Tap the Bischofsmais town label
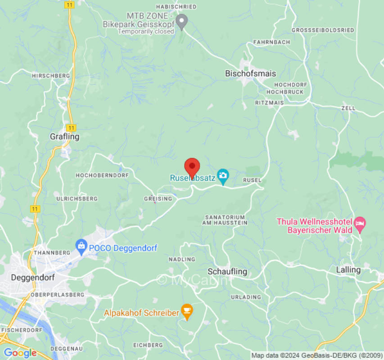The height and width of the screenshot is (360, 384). tap(250, 73)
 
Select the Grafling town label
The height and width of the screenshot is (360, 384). tap(64, 136)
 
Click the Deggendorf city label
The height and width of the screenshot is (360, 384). tap(33, 277)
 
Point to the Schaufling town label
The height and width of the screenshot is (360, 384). tap(227, 271)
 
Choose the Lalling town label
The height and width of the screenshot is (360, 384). tap(348, 270)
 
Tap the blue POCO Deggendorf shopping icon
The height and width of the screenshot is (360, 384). tap(81, 245)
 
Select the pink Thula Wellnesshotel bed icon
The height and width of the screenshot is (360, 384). tap(360, 223)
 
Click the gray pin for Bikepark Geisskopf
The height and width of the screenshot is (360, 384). tap(181, 21)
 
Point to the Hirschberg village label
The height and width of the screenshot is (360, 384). tap(51, 76)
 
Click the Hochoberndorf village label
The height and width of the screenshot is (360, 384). tap(102, 175)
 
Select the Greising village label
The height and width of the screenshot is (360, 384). tap(158, 198)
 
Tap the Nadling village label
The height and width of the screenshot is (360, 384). tap(182, 259)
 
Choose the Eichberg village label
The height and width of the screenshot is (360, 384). tap(148, 345)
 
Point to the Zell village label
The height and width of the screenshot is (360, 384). tap(348, 108)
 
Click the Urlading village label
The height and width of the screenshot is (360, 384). tap(246, 297)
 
